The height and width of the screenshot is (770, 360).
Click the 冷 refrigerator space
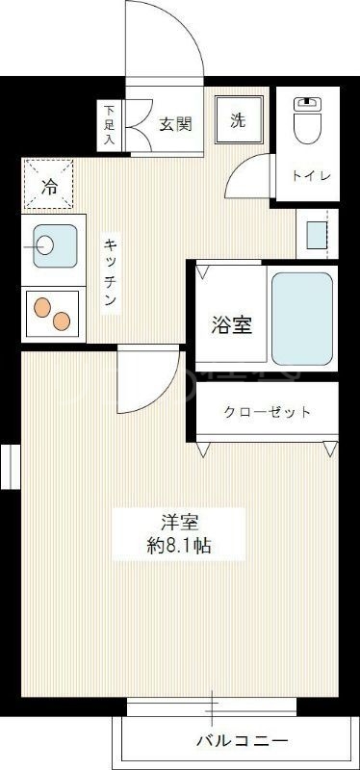pyautogui.click(x=48, y=184)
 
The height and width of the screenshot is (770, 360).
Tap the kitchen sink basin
pyautogui.click(x=51, y=246)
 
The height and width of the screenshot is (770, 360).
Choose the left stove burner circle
pyautogui.click(x=43, y=307)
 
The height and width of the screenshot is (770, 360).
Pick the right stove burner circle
pyautogui.click(x=62, y=321)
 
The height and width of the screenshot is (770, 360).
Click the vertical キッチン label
pyautogui.click(x=111, y=273)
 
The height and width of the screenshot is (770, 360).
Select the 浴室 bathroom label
pyautogui.click(x=232, y=325)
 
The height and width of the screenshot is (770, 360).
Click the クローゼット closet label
pyautogui.click(x=268, y=412)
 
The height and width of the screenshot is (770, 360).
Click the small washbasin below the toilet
pyautogui.click(x=316, y=233)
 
